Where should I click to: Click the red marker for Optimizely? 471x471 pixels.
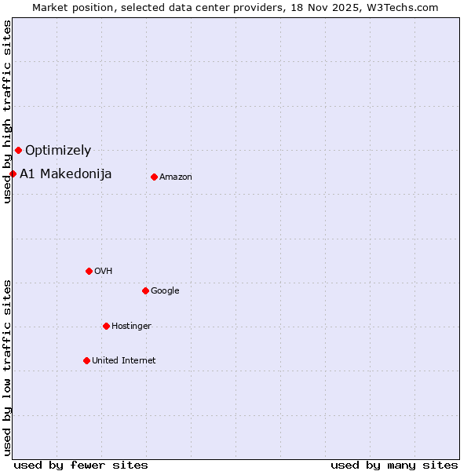18,150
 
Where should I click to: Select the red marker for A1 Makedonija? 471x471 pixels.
13,173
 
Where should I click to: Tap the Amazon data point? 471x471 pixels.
154,177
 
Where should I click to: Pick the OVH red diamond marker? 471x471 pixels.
89,271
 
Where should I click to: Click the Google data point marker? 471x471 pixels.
145,290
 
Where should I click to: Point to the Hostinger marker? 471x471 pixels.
106,326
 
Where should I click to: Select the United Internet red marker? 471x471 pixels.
86,360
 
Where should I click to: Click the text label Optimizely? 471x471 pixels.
58,150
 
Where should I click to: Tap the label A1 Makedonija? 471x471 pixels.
66,173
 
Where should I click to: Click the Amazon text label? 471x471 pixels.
176,177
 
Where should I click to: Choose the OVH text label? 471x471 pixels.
104,272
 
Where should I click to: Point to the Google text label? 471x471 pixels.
165,291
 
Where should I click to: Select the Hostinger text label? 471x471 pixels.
131,327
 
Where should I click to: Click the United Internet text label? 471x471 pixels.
124,361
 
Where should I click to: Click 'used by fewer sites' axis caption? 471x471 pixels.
81,465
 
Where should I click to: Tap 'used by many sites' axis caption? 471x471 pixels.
394,465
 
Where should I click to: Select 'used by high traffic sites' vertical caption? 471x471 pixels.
8,111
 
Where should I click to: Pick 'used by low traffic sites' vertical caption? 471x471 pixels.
8,367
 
